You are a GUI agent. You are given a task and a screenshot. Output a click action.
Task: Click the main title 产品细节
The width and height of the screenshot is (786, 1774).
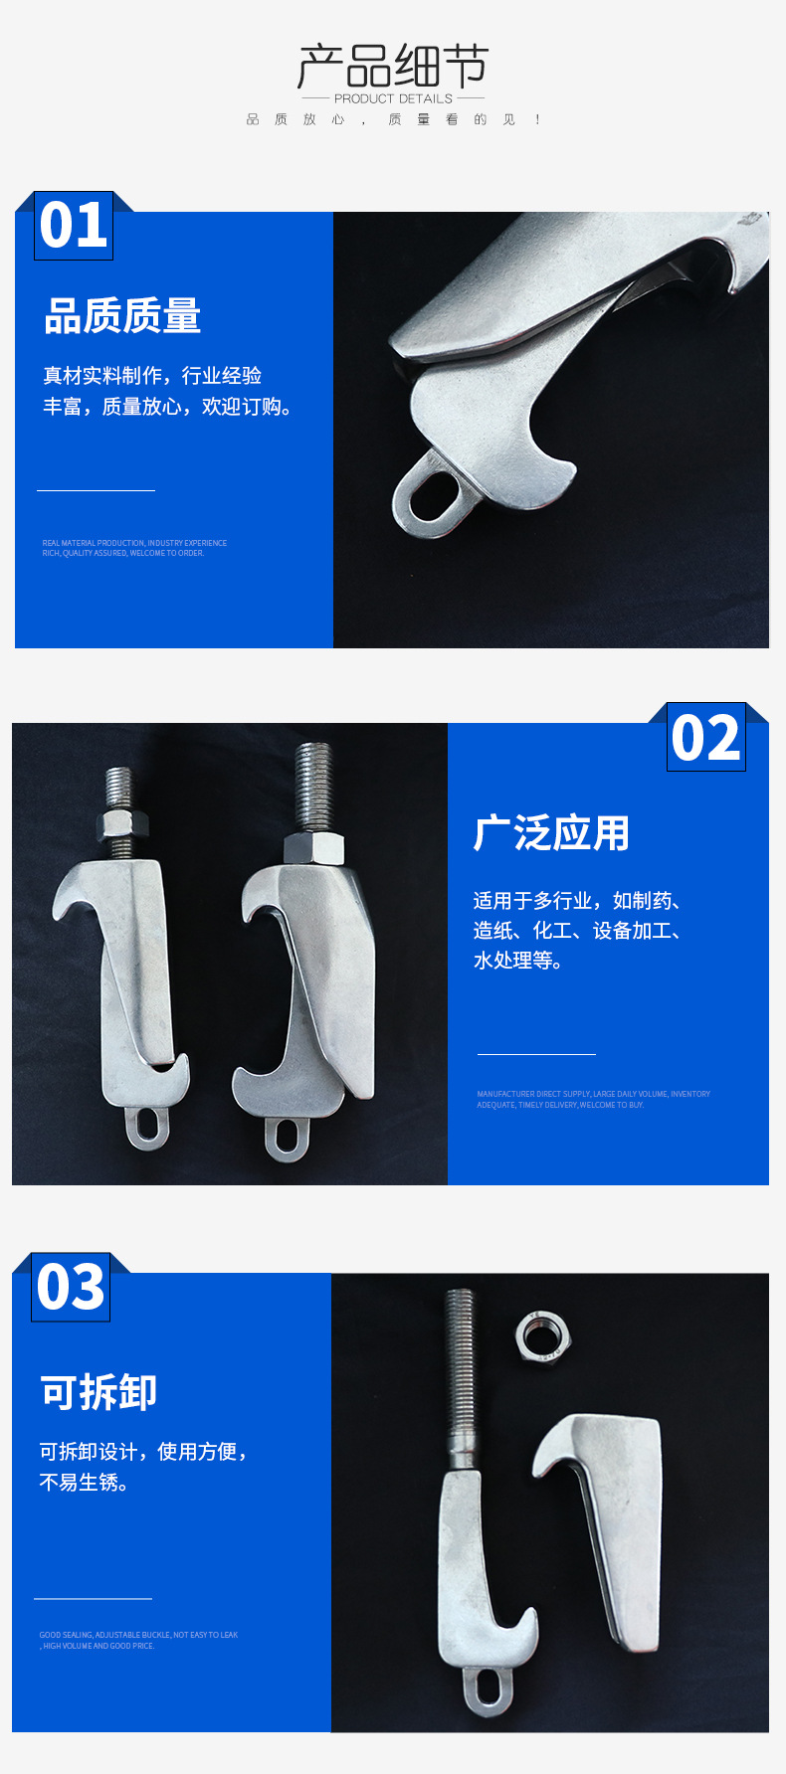[393, 66]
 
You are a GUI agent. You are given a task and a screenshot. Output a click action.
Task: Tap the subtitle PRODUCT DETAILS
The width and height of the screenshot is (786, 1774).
[393, 98]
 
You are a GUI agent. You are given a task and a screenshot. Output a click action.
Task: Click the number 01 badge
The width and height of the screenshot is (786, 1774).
[74, 226]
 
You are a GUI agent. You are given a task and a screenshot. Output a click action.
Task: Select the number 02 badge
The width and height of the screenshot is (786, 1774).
[705, 738]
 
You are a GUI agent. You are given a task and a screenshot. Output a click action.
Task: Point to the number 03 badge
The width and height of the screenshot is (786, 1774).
[71, 1288]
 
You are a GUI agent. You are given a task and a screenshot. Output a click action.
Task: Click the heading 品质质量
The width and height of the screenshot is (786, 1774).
[122, 316]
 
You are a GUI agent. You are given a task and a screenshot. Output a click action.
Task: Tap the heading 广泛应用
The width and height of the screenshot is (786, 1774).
[551, 833]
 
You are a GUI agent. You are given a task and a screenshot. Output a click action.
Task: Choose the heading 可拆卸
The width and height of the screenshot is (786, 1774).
[98, 1392]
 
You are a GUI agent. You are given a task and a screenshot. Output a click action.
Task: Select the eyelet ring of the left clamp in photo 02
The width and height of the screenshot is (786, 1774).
[147, 1127]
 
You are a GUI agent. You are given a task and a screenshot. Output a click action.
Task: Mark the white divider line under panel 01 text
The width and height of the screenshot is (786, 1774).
[96, 490]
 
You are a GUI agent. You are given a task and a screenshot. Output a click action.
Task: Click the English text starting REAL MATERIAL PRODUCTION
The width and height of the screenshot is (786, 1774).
[134, 548]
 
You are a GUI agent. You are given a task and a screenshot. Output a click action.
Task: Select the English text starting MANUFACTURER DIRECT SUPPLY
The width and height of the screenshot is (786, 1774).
[593, 1099]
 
